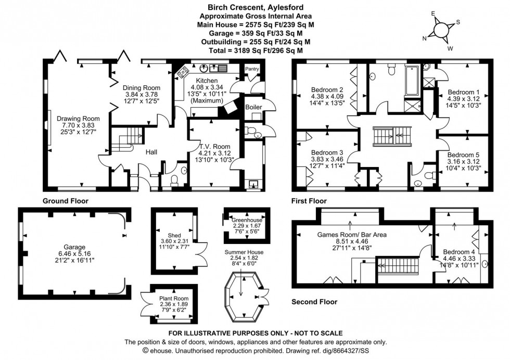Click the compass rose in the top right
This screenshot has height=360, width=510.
click(441, 30)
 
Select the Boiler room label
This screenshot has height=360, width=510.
click(253, 107)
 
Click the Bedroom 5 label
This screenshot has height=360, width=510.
click(464, 155)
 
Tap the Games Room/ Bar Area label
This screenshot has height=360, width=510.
click(352, 235)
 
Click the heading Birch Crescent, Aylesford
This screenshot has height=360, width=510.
click(254, 7)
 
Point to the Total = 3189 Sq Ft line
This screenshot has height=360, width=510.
click(254, 50)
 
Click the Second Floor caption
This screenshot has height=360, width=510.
click(314, 302)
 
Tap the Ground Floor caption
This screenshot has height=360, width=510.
click(65, 200)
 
